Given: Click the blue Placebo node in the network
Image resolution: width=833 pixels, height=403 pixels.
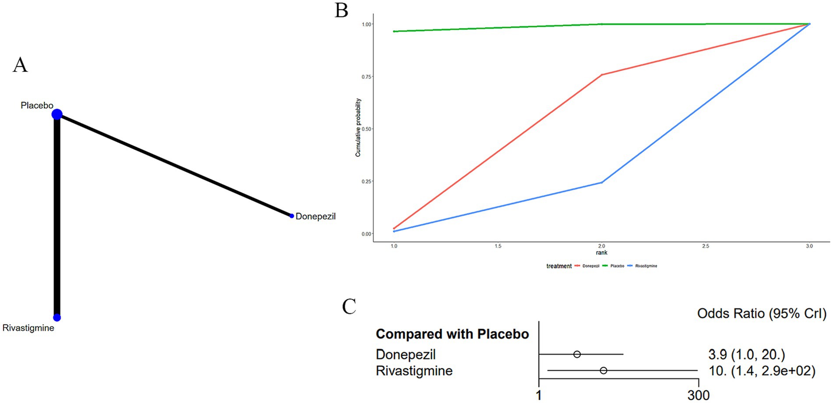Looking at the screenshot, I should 57,114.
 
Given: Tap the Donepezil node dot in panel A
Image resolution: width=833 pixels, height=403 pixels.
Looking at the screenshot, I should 292,216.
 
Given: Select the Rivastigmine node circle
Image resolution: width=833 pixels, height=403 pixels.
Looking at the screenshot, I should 57,318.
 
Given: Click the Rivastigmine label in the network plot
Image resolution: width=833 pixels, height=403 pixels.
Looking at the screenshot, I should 28,328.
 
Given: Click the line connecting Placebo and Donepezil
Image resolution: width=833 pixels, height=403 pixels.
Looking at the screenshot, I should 175,165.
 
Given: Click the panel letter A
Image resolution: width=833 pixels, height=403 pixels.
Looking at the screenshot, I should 20,65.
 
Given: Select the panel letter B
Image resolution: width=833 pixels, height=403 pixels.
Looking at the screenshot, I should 341,10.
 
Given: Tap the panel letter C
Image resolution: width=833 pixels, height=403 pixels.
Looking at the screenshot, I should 349,307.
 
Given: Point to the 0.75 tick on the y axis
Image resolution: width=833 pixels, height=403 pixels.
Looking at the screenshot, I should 367,77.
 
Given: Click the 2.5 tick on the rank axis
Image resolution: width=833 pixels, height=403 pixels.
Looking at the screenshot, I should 706,246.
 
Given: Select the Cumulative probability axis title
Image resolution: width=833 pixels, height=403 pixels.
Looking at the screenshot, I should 358,127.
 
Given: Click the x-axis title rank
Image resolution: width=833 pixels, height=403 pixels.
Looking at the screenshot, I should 601,253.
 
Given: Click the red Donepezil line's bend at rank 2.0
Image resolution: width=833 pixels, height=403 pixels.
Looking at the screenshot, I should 602,75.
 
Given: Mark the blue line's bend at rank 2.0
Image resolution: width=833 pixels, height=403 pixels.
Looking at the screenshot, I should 602,182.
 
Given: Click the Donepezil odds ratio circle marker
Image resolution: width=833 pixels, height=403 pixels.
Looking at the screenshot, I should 577,354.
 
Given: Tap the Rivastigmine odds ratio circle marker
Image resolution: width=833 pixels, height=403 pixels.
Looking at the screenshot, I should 604,371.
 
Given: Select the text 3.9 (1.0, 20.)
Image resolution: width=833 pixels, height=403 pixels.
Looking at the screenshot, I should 746,354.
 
